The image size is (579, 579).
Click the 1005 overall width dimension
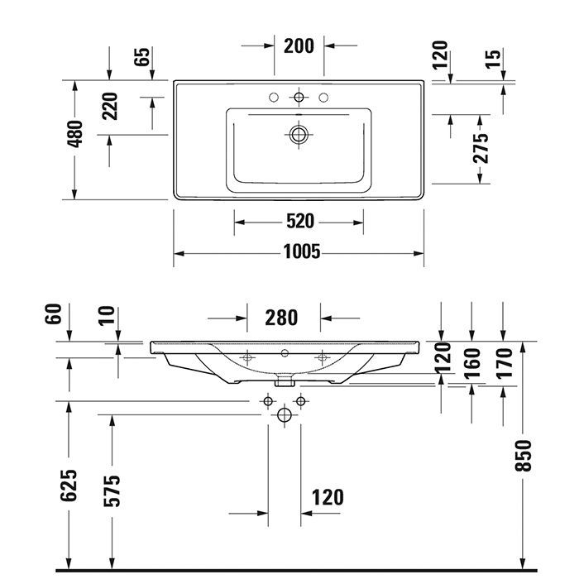[299, 252]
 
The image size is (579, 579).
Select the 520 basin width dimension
[299, 221]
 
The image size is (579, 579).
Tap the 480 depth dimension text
[75, 134]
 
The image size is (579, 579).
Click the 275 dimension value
[481, 148]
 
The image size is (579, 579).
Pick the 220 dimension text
[111, 107]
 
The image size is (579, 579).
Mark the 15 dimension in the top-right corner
[494, 59]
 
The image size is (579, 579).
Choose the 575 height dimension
[112, 490]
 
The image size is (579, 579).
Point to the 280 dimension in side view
[282, 317]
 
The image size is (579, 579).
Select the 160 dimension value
[471, 363]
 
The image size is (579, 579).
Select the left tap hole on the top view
[274, 98]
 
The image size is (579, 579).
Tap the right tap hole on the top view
[323, 98]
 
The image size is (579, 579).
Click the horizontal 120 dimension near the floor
[328, 497]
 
